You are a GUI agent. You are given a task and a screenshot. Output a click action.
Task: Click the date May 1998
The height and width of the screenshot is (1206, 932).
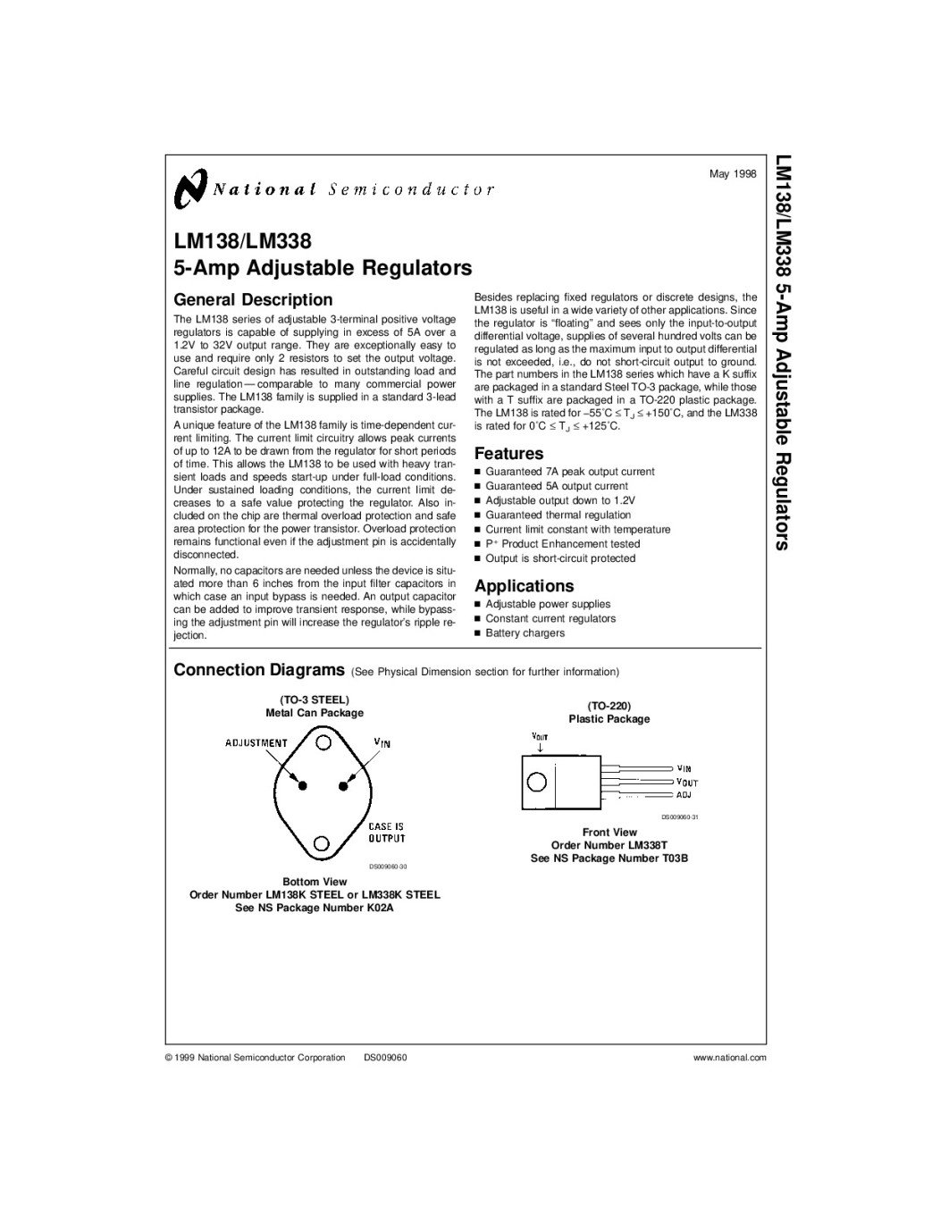pyautogui.click(x=733, y=172)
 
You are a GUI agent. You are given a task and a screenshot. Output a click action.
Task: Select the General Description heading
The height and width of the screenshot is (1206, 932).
pyautogui.click(x=253, y=300)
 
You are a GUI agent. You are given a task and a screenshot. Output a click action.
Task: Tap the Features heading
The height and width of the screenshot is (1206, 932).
pyautogui.click(x=508, y=454)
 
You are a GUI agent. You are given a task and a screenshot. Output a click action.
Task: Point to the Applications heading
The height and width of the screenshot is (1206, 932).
pyautogui.click(x=524, y=586)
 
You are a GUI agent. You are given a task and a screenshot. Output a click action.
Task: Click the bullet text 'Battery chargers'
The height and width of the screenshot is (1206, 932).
pyautogui.click(x=525, y=633)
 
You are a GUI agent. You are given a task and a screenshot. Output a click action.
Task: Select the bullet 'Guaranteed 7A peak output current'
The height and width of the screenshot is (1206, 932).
pyautogui.click(x=569, y=472)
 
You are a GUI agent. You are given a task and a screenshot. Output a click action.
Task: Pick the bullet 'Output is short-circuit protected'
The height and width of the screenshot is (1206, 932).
pyautogui.click(x=560, y=558)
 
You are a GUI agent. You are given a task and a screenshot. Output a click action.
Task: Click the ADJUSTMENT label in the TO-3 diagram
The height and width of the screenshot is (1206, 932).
pyautogui.click(x=256, y=743)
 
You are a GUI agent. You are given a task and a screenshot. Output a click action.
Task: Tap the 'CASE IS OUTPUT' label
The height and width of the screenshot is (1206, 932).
pyautogui.click(x=386, y=833)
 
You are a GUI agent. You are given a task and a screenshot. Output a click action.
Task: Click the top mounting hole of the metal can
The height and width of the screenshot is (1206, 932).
pyautogui.click(x=323, y=741)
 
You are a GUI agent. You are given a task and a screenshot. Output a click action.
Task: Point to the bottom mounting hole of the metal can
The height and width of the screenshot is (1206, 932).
pyautogui.click(x=323, y=842)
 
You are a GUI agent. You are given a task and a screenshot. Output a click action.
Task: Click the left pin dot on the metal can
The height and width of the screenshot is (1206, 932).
pyautogui.click(x=303, y=785)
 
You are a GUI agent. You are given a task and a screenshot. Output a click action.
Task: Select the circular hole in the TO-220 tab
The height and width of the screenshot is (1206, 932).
pyautogui.click(x=536, y=781)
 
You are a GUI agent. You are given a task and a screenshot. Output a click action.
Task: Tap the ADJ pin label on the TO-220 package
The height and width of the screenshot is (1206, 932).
pyautogui.click(x=684, y=794)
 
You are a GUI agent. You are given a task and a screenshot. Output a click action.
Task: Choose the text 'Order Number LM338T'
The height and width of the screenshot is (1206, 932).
pyautogui.click(x=609, y=845)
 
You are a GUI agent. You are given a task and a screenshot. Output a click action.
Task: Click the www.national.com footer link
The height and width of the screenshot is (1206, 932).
pyautogui.click(x=730, y=1058)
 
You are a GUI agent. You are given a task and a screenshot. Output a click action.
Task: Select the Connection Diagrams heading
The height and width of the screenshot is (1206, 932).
pyautogui.click(x=259, y=670)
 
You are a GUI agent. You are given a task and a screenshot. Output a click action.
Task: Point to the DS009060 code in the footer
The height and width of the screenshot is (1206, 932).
pyautogui.click(x=385, y=1058)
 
